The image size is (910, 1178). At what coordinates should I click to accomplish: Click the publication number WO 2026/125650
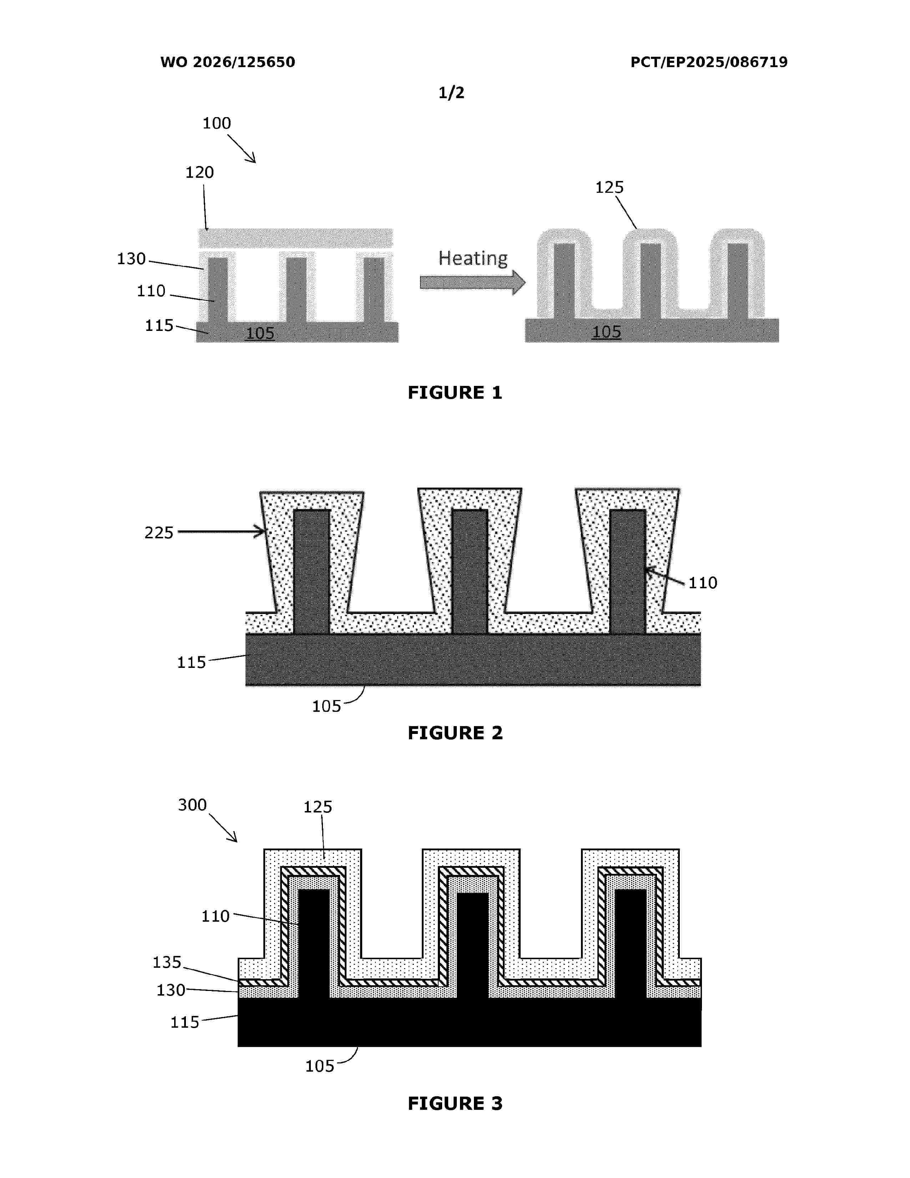[228, 62]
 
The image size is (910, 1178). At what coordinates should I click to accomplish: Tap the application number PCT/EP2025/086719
[709, 62]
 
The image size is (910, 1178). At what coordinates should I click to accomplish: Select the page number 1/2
[451, 93]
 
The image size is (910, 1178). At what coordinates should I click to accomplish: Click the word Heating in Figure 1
[473, 258]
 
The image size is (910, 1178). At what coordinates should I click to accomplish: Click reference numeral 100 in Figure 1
[217, 124]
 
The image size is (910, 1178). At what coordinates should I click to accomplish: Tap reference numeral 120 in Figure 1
[199, 173]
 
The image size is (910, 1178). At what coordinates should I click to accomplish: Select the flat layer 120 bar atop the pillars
[296, 238]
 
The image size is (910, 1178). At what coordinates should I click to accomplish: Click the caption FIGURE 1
[455, 393]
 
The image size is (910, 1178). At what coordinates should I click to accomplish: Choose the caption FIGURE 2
[455, 733]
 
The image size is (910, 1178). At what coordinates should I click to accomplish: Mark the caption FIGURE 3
[455, 1103]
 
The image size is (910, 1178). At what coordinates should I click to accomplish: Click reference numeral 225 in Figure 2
[159, 533]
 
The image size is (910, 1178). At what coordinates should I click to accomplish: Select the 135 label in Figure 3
[167, 962]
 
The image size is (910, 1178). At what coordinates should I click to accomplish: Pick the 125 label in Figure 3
[318, 807]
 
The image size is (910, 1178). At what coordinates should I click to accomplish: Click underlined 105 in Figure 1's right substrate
[606, 332]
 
